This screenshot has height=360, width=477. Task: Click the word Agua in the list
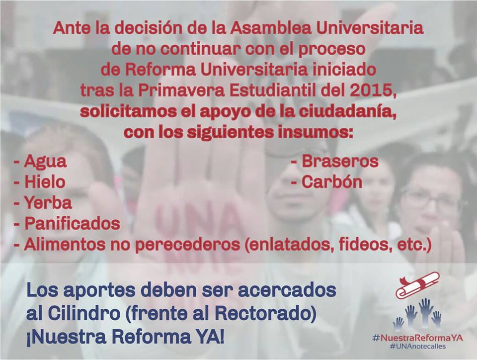(x=45, y=162)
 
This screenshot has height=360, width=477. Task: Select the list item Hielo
(x=45, y=182)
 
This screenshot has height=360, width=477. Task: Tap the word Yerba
(x=48, y=203)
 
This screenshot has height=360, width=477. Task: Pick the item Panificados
(x=72, y=223)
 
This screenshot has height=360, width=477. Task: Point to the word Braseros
(x=340, y=161)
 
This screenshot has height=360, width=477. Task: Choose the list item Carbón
(x=332, y=182)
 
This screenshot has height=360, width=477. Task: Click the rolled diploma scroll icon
(x=417, y=285)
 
